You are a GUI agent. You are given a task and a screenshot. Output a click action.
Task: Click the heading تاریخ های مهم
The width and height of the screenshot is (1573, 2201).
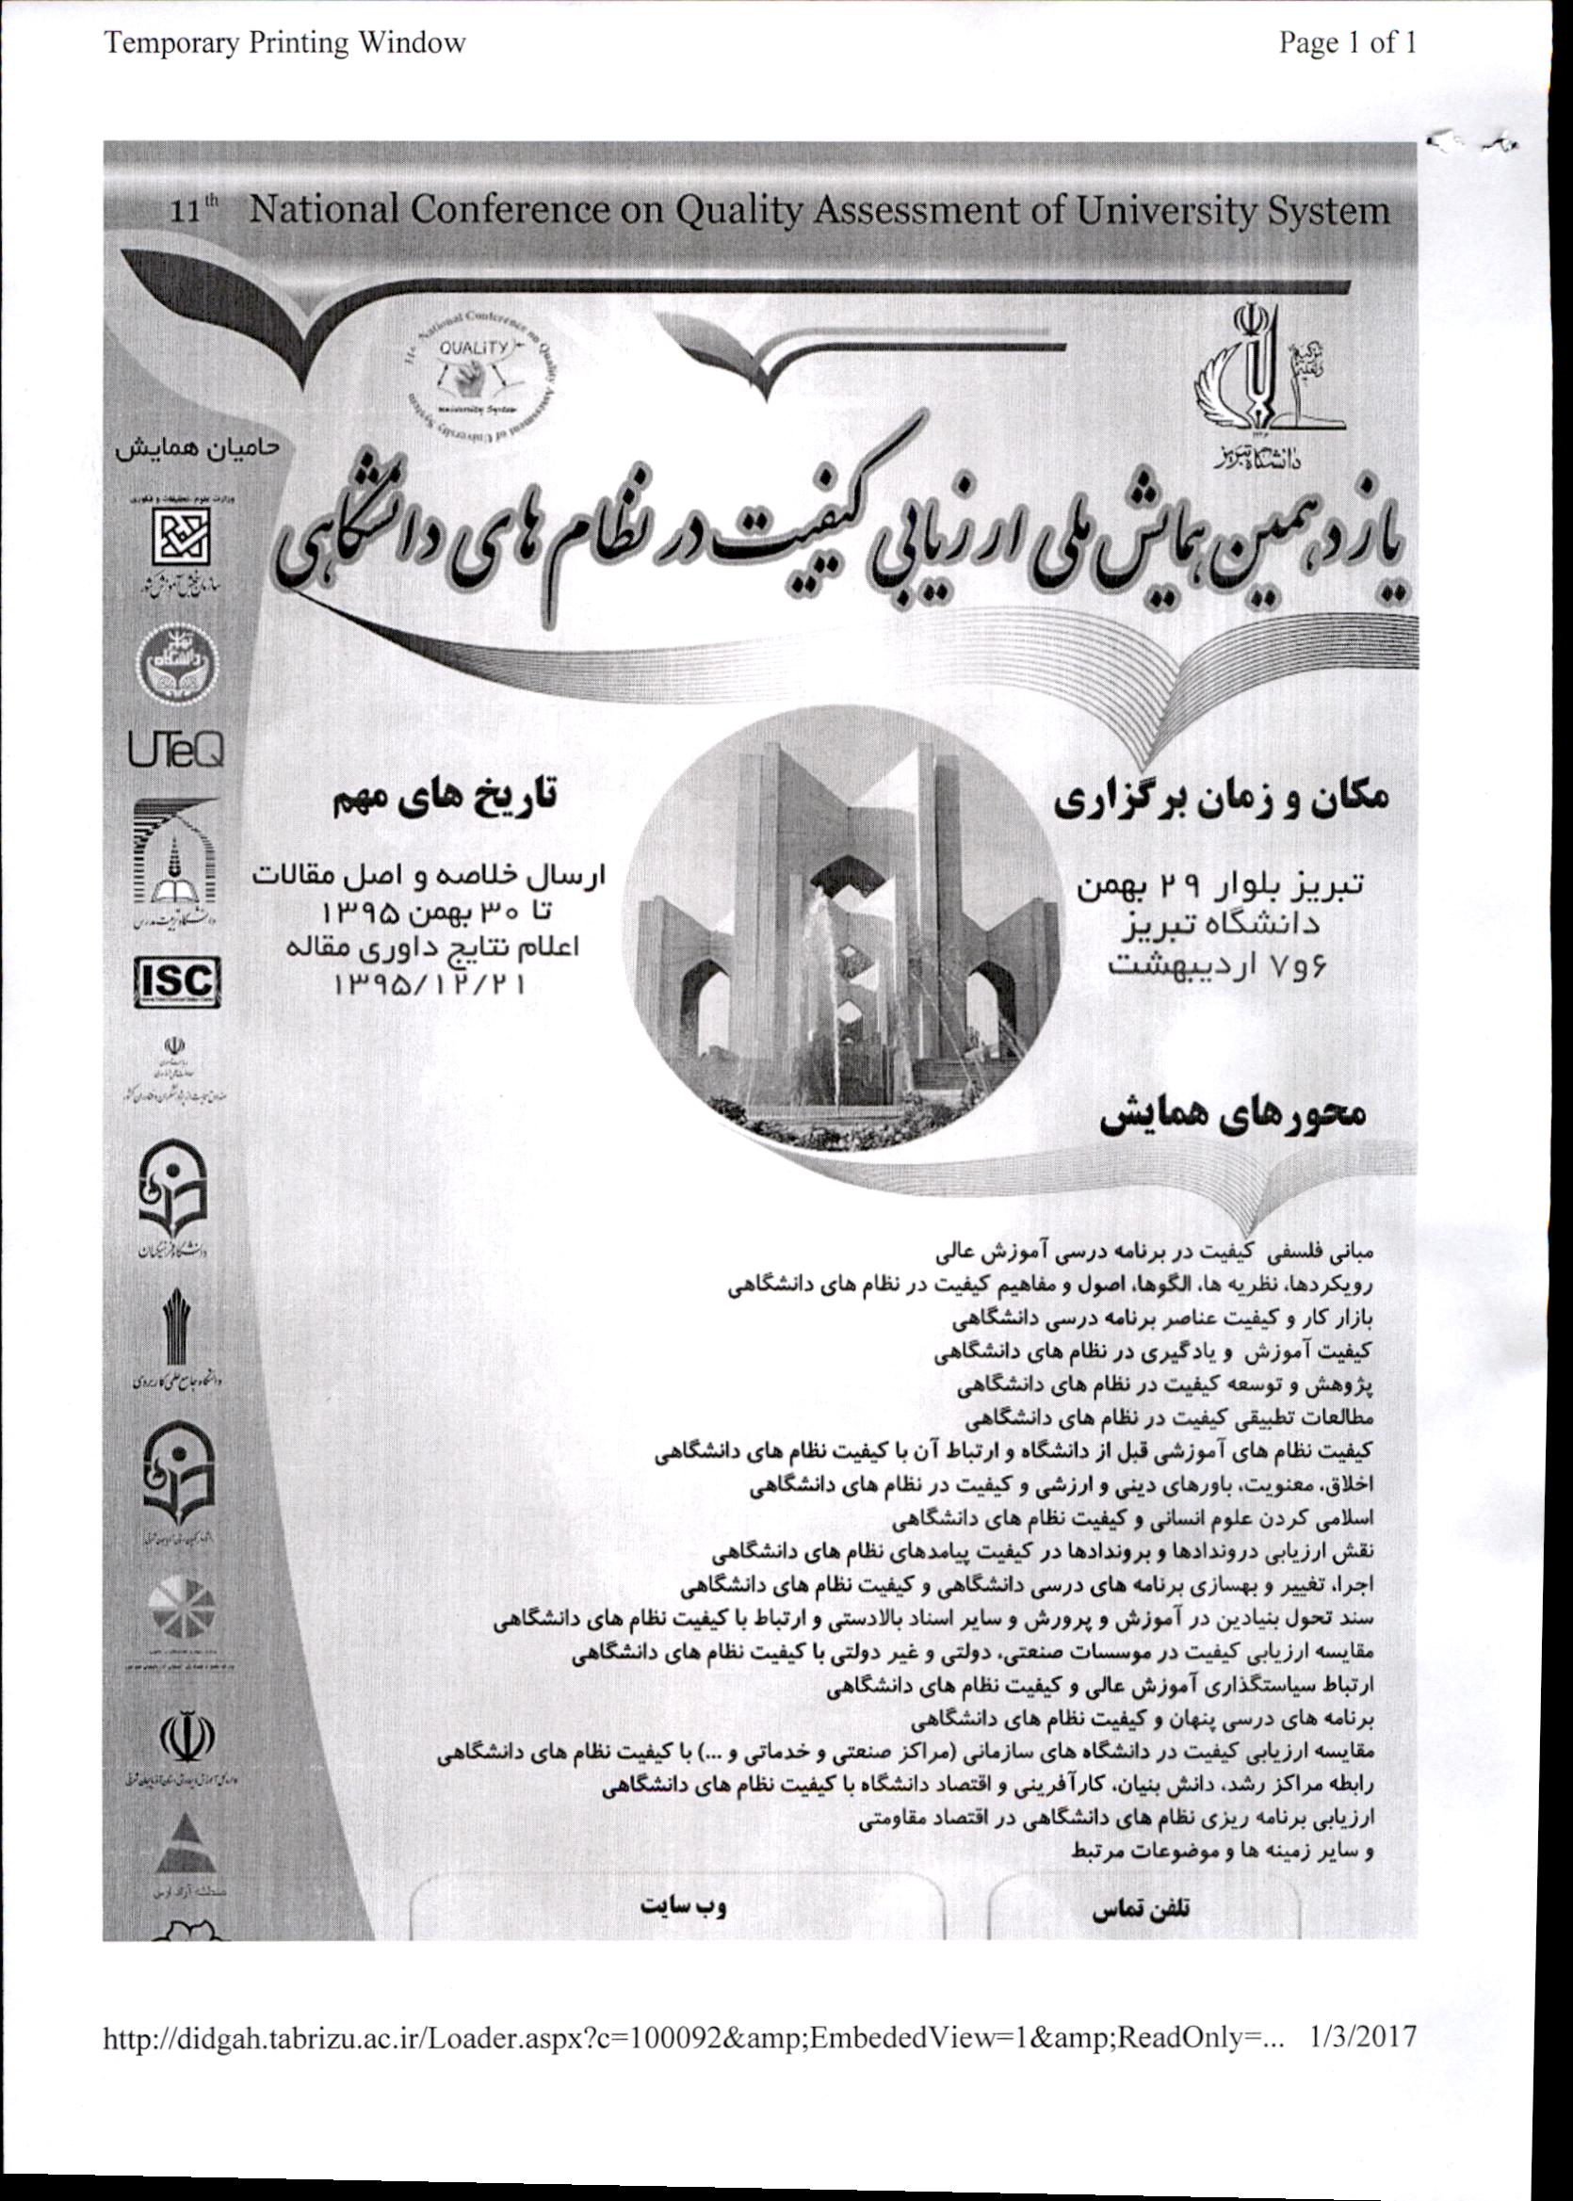click(x=446, y=798)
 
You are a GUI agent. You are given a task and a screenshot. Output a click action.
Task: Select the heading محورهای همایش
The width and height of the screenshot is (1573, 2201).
click(x=1232, y=1114)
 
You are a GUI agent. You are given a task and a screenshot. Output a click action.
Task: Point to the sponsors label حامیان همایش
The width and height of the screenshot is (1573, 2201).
click(x=197, y=449)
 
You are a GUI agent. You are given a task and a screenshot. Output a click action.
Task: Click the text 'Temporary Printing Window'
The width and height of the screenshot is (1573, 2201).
click(x=284, y=42)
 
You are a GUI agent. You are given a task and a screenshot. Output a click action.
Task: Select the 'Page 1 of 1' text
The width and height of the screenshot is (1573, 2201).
click(x=1347, y=42)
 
